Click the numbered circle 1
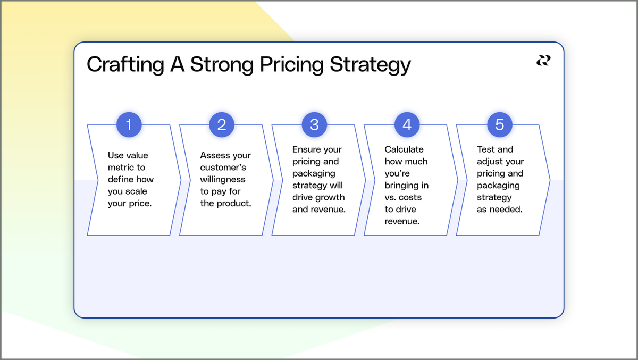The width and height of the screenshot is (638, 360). point(129,125)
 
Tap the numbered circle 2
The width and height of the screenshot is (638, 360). point(222,125)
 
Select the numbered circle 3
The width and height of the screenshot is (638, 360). point(314,125)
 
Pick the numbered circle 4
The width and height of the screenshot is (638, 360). point(407,125)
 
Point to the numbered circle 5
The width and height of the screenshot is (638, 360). point(500,125)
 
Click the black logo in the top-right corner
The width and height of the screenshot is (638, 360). point(543,61)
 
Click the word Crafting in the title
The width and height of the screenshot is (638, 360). point(118,65)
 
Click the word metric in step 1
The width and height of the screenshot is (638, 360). point(120,168)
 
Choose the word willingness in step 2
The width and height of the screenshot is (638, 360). point(223,180)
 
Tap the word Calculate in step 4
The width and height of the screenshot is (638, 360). point(404,149)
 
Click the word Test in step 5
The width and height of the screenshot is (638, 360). point(486,149)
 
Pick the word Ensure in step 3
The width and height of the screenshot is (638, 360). point(306,149)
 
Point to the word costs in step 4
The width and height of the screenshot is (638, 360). point(410,198)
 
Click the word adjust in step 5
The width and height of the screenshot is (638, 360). point(489,162)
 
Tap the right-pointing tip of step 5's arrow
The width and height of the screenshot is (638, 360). point(549,180)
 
